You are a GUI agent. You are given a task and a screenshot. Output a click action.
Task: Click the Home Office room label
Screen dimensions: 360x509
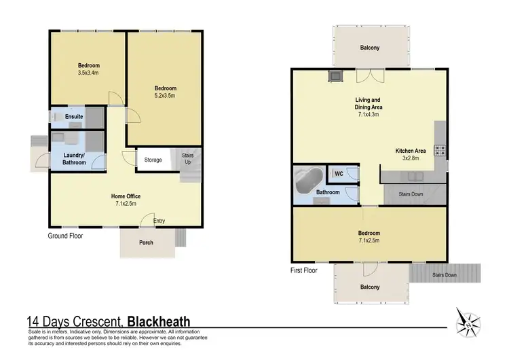pos(126,196)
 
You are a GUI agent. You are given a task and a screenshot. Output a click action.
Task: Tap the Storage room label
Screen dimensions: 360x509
pos(153,160)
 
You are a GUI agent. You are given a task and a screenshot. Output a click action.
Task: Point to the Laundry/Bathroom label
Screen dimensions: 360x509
pos(75,159)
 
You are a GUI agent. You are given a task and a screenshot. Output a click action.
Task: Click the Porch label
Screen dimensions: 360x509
pos(146,242)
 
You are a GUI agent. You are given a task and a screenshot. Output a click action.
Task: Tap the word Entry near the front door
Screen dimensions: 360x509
pos(159,221)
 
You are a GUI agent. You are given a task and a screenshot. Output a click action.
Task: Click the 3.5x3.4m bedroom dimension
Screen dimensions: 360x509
pos(89,73)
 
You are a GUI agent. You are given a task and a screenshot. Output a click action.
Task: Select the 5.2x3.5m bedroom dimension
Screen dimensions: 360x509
pos(165,96)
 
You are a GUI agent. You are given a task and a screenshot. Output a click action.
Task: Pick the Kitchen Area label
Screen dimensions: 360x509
pos(411,151)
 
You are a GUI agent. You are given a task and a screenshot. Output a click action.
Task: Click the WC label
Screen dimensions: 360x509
pos(337,174)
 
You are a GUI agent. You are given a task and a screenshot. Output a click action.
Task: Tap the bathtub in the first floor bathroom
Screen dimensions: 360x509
pos(309,181)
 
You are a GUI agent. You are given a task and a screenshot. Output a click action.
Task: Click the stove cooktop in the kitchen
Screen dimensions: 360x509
pos(440,151)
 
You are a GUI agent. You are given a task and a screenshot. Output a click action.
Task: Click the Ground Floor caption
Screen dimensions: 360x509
pos(65,236)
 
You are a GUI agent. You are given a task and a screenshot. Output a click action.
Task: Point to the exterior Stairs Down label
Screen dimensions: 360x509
pos(445,275)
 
